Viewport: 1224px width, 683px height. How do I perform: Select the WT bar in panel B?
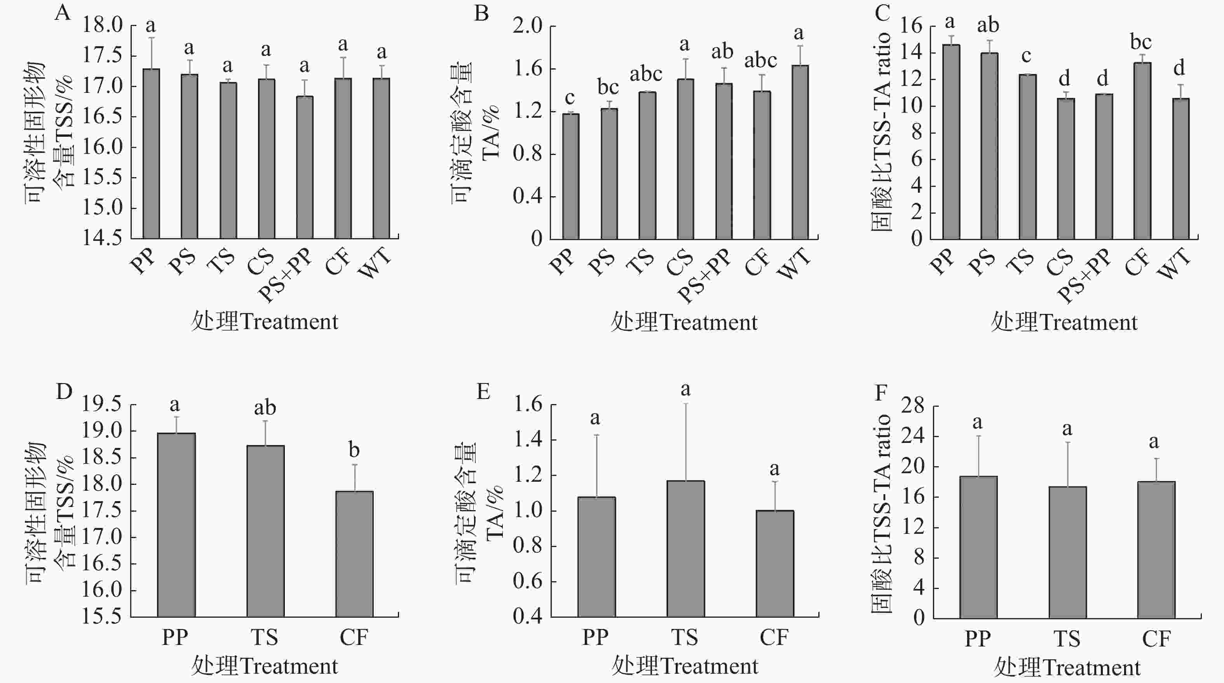tap(800, 152)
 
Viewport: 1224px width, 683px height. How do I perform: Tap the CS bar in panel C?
tap(1066, 169)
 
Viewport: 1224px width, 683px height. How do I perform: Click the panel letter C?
tap(882, 13)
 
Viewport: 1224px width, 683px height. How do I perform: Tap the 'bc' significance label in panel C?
tap(1141, 43)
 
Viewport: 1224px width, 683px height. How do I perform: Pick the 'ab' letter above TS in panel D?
tap(265, 408)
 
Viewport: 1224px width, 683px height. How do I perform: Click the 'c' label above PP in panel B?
tap(569, 98)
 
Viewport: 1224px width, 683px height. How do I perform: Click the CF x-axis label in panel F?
tap(1156, 638)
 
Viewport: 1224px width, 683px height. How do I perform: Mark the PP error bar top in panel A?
tap(151, 38)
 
